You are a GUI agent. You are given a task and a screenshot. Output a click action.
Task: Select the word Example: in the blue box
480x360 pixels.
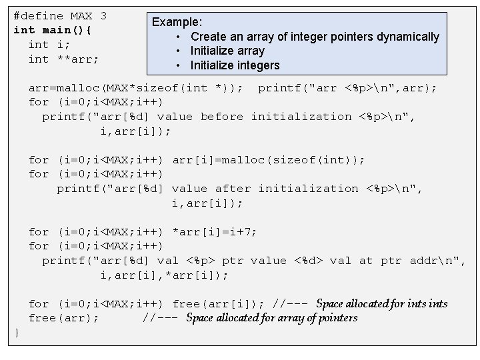pyautogui.click(x=177, y=22)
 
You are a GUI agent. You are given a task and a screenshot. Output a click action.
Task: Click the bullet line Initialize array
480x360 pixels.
pyautogui.click(x=227, y=51)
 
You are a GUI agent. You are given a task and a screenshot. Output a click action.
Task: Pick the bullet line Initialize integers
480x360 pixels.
pyautogui.click(x=235, y=65)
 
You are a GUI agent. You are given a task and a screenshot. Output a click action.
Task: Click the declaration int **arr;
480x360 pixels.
pyautogui.click(x=63, y=59)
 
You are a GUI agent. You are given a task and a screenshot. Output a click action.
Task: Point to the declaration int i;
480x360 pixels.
pyautogui.click(x=49, y=45)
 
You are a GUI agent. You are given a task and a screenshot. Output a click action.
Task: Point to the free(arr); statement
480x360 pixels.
pyautogui.click(x=63, y=318)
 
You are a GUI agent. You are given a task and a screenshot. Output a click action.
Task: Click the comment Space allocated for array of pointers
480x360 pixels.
pyautogui.click(x=271, y=318)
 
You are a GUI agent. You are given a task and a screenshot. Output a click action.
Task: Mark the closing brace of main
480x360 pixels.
pyautogui.click(x=17, y=332)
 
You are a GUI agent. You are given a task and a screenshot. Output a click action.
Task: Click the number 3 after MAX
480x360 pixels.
pyautogui.click(x=103, y=15)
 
